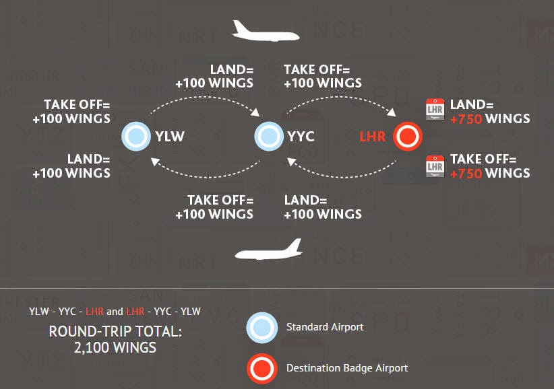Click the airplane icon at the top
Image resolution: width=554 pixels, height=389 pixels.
[x=265, y=31]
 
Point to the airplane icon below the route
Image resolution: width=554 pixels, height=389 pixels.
[x=268, y=250]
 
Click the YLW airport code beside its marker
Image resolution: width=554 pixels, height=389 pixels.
[x=170, y=137]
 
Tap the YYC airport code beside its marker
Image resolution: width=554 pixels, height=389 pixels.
[x=301, y=137]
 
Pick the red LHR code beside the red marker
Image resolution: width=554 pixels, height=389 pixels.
[x=373, y=137]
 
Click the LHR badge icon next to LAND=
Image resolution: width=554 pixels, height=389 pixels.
[x=435, y=110]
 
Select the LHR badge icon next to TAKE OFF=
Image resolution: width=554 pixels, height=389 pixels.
[x=435, y=166]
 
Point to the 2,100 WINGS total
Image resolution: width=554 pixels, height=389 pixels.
[x=115, y=348]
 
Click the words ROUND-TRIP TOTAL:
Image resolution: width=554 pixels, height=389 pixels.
[x=115, y=333]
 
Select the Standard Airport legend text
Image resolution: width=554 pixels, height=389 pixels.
[x=325, y=328]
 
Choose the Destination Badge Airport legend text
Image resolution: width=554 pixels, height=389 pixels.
[x=347, y=368]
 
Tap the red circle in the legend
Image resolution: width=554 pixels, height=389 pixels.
[x=261, y=368]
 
